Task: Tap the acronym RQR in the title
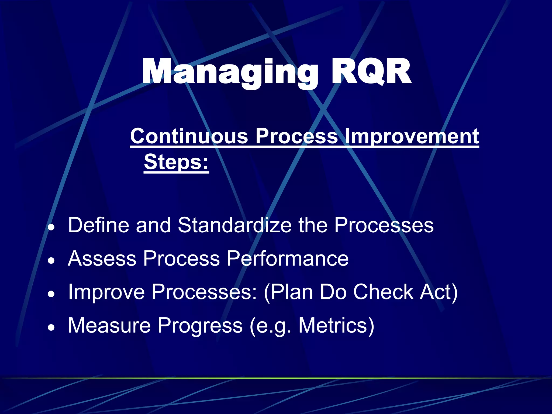[x=371, y=72]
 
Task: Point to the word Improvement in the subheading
[x=412, y=136]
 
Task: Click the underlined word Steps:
[x=176, y=162]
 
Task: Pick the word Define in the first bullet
[x=99, y=225]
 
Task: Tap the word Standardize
[x=234, y=225]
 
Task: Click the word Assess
[x=102, y=258]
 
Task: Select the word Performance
[x=287, y=258]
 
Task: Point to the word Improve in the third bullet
[x=106, y=292]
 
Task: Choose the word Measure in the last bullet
[x=109, y=326]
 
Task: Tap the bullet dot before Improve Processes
[x=51, y=295]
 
